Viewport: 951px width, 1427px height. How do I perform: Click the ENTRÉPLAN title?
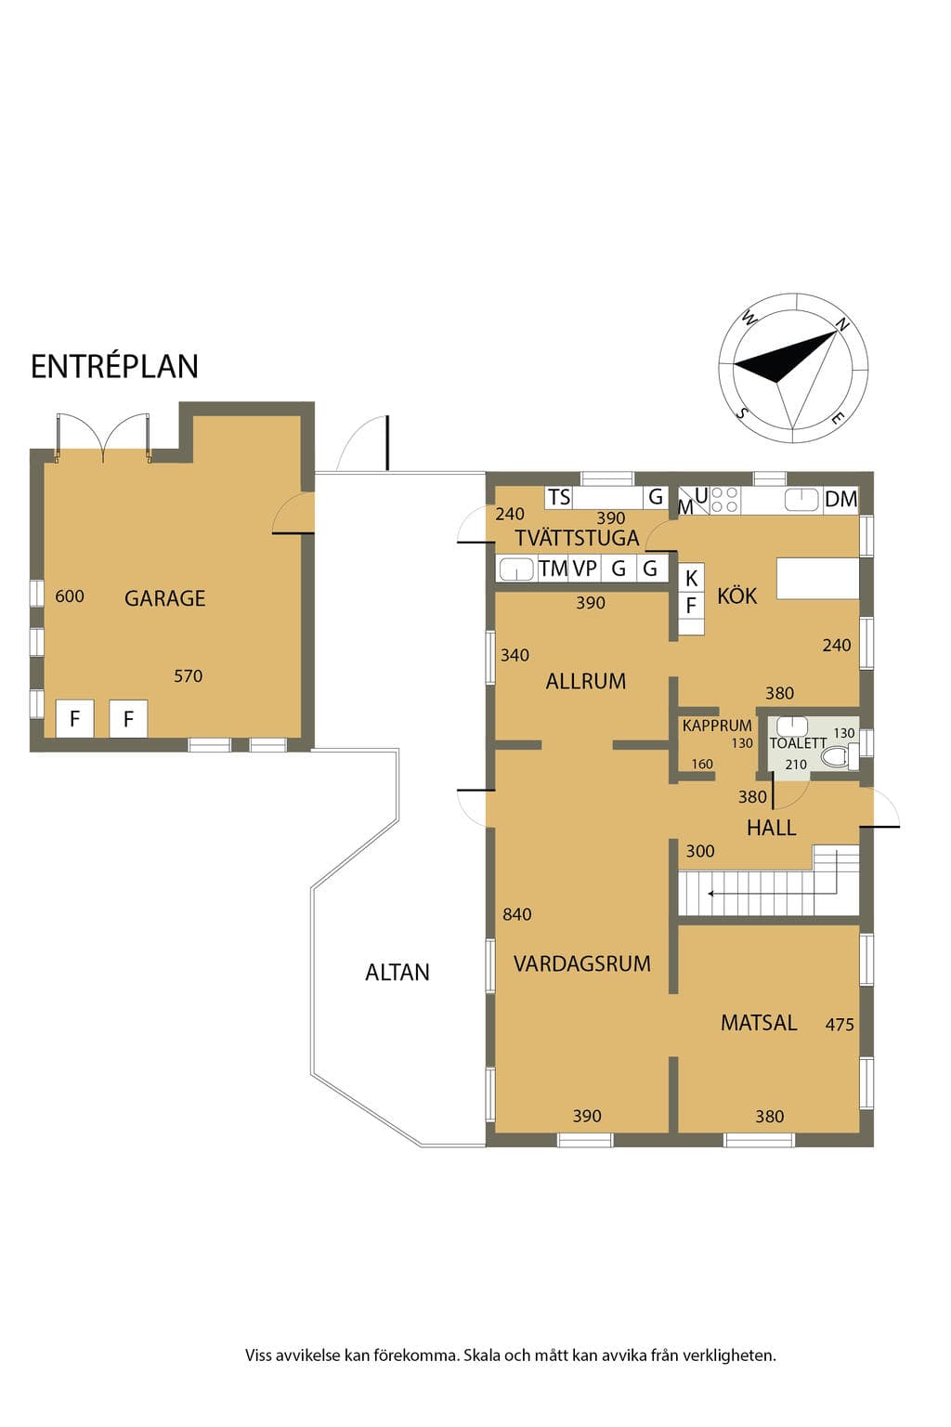click(114, 367)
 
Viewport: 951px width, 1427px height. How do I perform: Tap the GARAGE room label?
click(165, 598)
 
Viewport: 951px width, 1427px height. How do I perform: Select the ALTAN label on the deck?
click(397, 972)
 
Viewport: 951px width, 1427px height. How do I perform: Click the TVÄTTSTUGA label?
click(577, 538)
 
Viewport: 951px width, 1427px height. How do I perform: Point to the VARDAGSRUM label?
click(582, 963)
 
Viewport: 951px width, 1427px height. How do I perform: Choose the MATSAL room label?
click(759, 1023)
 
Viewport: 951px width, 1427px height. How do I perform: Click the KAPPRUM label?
click(717, 726)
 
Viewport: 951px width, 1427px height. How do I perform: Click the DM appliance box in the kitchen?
click(840, 500)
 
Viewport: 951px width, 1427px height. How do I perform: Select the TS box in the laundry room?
click(559, 497)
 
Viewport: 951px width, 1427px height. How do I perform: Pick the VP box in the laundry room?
click(585, 568)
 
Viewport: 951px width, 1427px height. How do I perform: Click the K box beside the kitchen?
click(691, 578)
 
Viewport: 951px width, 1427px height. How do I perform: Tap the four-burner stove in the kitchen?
click(725, 500)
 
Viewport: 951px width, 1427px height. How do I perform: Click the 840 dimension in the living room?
click(516, 914)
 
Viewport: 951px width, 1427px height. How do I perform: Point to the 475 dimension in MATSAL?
click(840, 1025)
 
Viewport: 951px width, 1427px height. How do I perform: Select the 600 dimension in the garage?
click(70, 596)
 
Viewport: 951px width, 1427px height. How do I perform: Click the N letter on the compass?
click(842, 324)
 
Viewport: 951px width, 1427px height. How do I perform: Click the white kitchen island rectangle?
click(818, 579)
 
